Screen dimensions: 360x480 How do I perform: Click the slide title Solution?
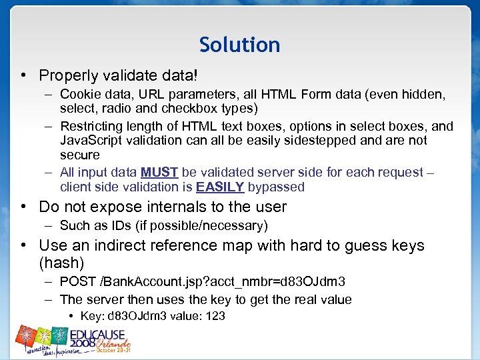239,45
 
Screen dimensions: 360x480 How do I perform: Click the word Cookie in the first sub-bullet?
79,95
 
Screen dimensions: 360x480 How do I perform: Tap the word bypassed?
276,187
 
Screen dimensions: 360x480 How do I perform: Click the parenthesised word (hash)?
61,263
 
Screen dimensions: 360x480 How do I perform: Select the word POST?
77,282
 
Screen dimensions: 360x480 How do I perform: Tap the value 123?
215,316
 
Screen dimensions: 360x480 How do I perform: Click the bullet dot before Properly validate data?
24,76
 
